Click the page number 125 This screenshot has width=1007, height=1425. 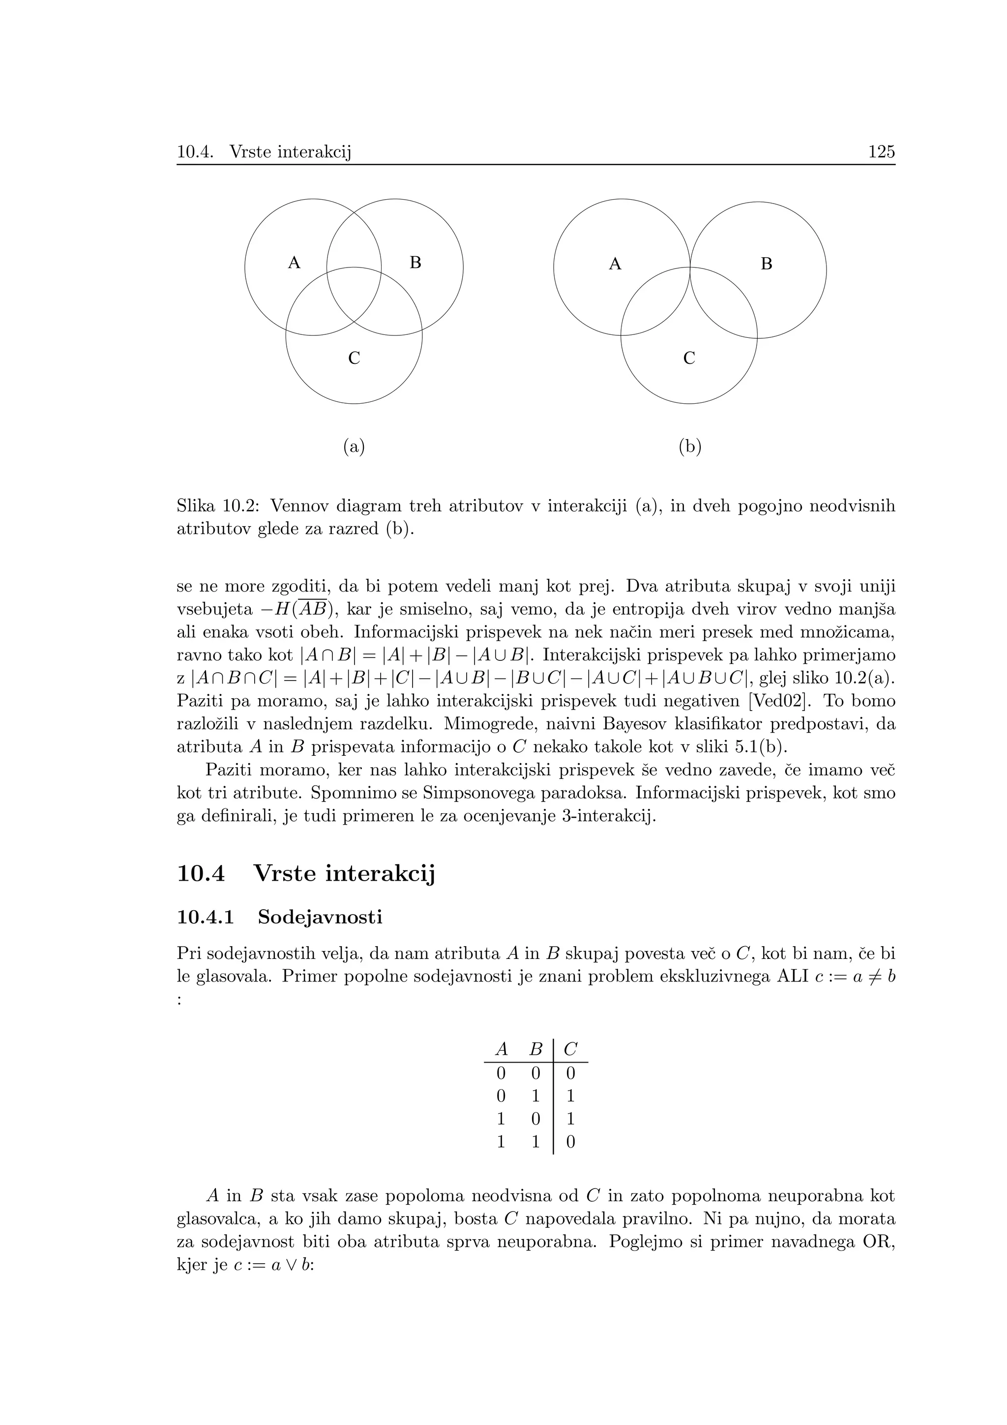pyautogui.click(x=881, y=152)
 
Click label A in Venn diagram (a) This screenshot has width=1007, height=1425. pyautogui.click(x=294, y=263)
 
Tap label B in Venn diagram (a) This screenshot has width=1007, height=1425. pyautogui.click(x=415, y=263)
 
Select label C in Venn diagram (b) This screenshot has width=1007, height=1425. pyautogui.click(x=689, y=359)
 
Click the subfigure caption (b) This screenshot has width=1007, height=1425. pyautogui.click(x=689, y=446)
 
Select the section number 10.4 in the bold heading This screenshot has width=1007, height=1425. pyautogui.click(x=201, y=874)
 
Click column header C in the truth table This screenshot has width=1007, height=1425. pyautogui.click(x=571, y=1049)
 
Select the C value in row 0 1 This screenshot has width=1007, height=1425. pyautogui.click(x=571, y=1096)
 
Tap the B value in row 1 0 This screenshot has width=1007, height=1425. pyautogui.click(x=536, y=1119)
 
